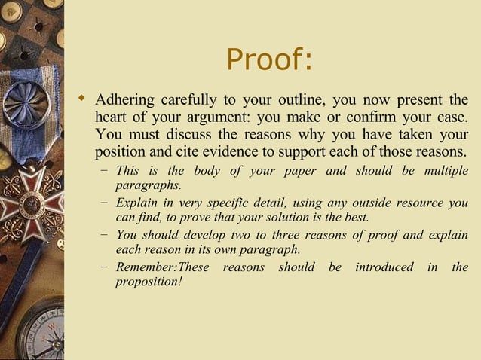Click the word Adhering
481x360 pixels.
[x=125, y=101]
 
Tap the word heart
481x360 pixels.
[x=112, y=118]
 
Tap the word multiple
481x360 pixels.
[x=446, y=171]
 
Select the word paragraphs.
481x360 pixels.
[x=148, y=185]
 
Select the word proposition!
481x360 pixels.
[x=149, y=282]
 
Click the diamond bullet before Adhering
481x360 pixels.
[x=83, y=99]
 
